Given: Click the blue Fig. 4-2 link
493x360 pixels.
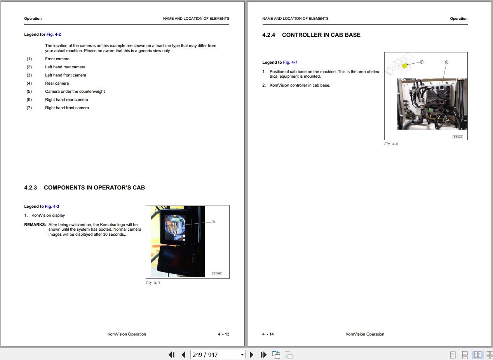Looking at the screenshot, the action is pyautogui.click(x=54, y=34).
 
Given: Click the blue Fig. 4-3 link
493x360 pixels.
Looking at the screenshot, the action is pyautogui.click(x=52, y=206).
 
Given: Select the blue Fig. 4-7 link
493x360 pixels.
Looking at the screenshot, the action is pyautogui.click(x=290, y=62).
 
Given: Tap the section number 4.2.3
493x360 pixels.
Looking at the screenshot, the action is pyautogui.click(x=31, y=188).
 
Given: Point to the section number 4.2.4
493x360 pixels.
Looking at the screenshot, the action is pyautogui.click(x=268, y=35).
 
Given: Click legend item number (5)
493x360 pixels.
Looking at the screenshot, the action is pyautogui.click(x=29, y=92).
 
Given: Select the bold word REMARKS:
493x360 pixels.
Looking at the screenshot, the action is pyautogui.click(x=35, y=225).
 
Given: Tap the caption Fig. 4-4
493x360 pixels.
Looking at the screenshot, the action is pyautogui.click(x=391, y=144).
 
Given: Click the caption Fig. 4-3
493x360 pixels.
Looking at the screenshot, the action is pyautogui.click(x=153, y=283).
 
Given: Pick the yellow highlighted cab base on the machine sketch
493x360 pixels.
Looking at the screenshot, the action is pyautogui.click(x=404, y=66).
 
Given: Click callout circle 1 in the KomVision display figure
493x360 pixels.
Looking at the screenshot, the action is pyautogui.click(x=213, y=222).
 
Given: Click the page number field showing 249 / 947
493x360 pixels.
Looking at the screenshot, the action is pyautogui.click(x=218, y=355).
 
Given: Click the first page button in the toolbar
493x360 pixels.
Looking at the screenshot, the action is pyautogui.click(x=171, y=355).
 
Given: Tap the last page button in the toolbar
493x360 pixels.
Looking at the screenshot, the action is pyautogui.click(x=263, y=355).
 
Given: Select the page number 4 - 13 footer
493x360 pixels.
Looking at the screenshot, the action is pyautogui.click(x=223, y=334).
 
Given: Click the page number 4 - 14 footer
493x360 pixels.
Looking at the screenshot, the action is pyautogui.click(x=268, y=334).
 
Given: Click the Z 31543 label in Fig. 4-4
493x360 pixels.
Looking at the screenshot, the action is pyautogui.click(x=458, y=137).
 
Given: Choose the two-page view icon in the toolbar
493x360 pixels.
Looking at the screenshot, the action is pyautogui.click(x=477, y=355).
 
